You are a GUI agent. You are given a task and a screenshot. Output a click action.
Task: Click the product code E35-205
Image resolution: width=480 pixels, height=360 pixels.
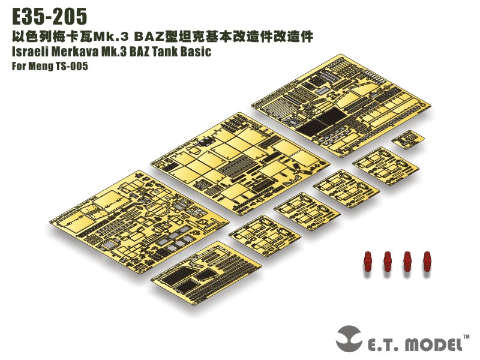[x=49, y=15]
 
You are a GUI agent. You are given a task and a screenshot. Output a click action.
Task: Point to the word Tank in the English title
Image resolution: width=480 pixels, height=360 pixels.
[x=170, y=52]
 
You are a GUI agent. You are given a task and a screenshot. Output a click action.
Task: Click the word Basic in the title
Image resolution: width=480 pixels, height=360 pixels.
[x=198, y=52]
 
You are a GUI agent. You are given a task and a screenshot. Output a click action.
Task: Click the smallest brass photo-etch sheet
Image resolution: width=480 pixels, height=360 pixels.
[x=408, y=140]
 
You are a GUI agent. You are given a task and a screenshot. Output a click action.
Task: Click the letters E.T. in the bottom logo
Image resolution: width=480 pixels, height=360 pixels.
[x=383, y=344]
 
